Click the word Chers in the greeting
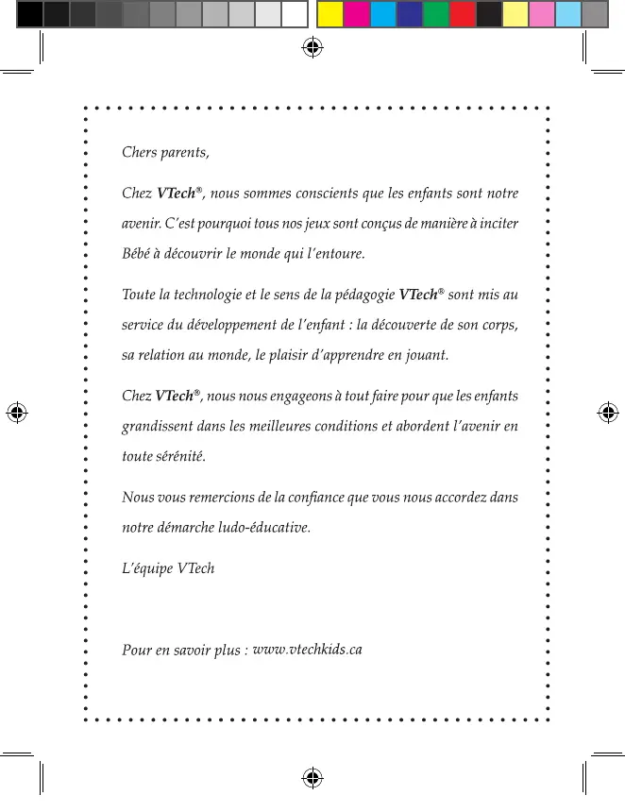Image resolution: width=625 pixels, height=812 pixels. pyautogui.click(x=140, y=152)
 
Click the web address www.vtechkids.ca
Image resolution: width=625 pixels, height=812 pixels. pyautogui.click(x=308, y=650)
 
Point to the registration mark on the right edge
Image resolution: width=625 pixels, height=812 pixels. pyautogui.click(x=609, y=413)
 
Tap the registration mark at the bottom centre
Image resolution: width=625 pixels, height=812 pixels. pyautogui.click(x=312, y=776)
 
